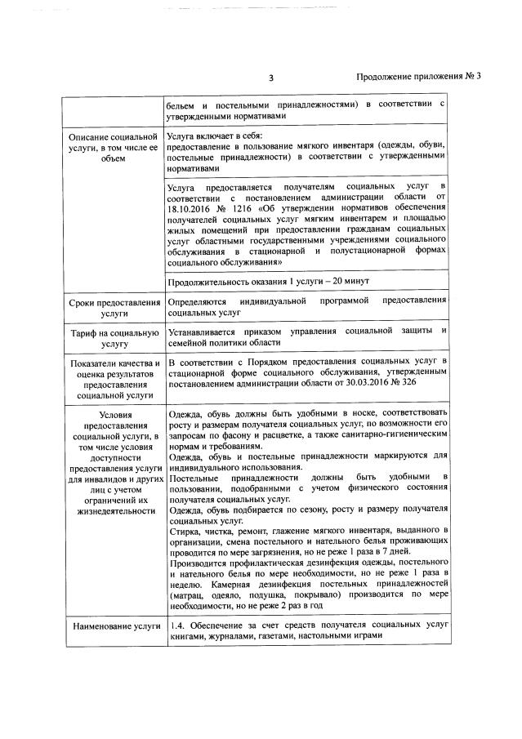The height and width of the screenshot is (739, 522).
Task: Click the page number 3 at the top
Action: (x=270, y=78)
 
